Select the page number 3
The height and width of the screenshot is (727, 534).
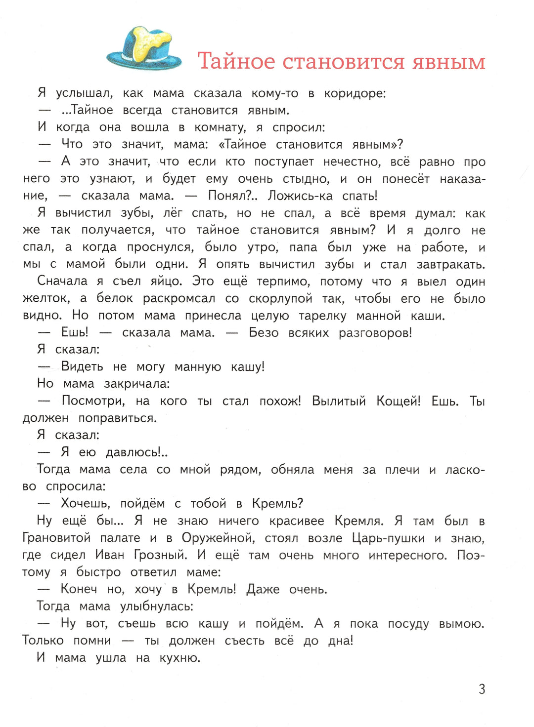pyautogui.click(x=482, y=689)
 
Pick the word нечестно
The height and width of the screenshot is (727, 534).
pyautogui.click(x=352, y=162)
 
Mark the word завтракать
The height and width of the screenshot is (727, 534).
pyautogui.click(x=450, y=264)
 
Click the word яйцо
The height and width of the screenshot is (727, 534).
pyautogui.click(x=166, y=282)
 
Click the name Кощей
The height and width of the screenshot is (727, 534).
pyautogui.click(x=398, y=401)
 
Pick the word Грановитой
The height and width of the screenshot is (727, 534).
pyautogui.click(x=56, y=538)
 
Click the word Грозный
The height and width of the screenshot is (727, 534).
pyautogui.click(x=161, y=555)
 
